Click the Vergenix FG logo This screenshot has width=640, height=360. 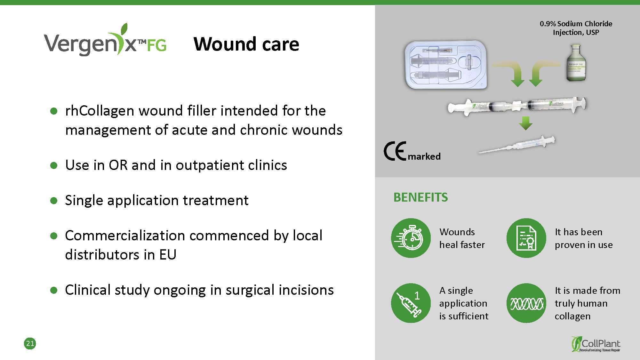click(x=105, y=40)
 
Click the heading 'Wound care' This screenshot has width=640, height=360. click(x=246, y=44)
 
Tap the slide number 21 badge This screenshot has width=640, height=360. click(x=30, y=343)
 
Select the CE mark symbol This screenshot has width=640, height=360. click(x=395, y=151)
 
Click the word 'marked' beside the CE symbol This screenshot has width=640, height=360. click(x=424, y=156)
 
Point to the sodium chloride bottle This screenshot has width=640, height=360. click(x=576, y=63)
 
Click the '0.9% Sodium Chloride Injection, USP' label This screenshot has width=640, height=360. click(x=576, y=28)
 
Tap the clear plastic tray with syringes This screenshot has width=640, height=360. click(x=446, y=65)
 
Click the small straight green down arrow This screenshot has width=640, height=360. click(x=526, y=123)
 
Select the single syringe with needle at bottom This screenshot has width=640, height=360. click(x=517, y=145)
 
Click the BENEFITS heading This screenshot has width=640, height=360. click(x=421, y=197)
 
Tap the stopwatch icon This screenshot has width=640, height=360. click(x=411, y=238)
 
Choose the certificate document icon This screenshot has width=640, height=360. click(x=526, y=238)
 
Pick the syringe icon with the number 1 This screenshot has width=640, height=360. click(x=411, y=303)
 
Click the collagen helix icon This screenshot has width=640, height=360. click(x=526, y=303)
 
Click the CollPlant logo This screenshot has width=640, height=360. click(x=596, y=344)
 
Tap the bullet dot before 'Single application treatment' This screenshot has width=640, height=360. click(x=54, y=201)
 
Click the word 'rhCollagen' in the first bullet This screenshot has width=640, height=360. click(x=100, y=111)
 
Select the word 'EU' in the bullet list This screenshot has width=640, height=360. click(x=168, y=255)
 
